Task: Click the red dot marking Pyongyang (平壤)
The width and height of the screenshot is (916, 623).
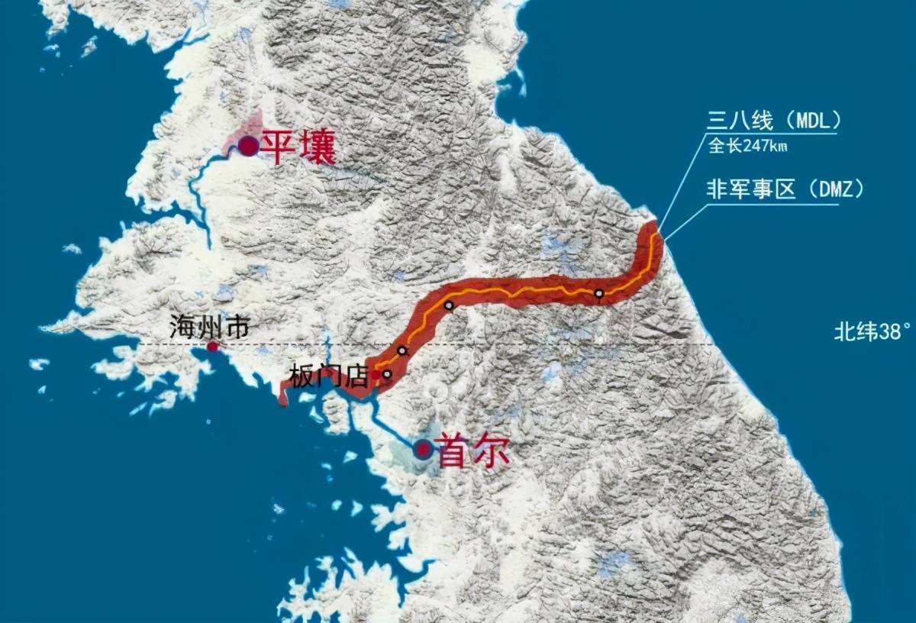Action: (248, 146)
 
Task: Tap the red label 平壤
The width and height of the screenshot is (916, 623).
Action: (298, 147)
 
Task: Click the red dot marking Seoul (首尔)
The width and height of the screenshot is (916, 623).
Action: (423, 449)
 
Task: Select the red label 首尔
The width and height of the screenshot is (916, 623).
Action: (473, 450)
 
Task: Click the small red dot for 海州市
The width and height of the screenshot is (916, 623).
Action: (212, 347)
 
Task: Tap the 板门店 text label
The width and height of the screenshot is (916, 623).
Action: (329, 376)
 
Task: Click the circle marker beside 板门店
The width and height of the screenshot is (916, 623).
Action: (387, 374)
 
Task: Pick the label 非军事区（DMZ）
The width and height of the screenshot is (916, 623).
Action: (785, 190)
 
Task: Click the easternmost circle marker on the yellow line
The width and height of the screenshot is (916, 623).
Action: (599, 293)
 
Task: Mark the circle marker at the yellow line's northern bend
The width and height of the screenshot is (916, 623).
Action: (449, 305)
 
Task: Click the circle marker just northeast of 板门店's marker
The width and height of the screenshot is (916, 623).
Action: (402, 350)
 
